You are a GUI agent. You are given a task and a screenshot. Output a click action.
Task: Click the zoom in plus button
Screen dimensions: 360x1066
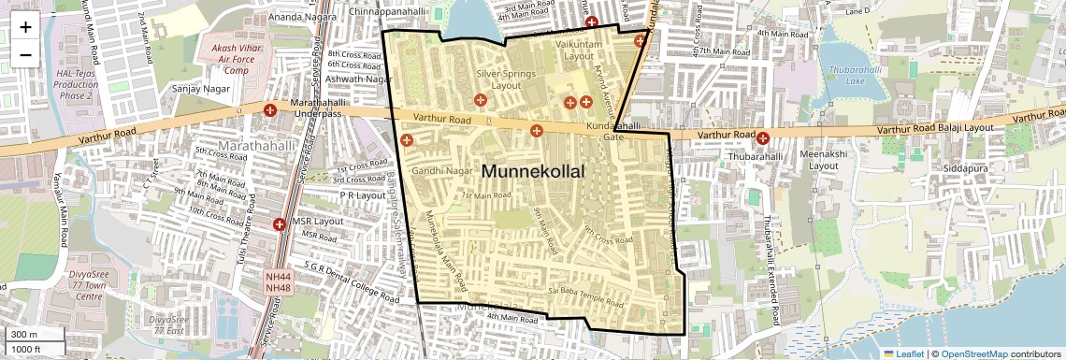coord(25,26)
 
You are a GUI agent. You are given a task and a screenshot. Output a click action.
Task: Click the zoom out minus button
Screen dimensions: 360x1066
coord(25,54)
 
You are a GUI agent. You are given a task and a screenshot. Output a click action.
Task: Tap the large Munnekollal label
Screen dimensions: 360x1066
coord(532,172)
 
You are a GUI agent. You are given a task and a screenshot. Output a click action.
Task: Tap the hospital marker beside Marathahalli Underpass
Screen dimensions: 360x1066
coord(271,110)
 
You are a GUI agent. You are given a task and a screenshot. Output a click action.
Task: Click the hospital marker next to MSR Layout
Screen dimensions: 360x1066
coord(279,224)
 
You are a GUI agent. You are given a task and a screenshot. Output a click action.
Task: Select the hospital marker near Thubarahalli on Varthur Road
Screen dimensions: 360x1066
coord(764,138)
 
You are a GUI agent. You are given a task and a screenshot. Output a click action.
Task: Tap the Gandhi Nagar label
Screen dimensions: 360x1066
coord(439,171)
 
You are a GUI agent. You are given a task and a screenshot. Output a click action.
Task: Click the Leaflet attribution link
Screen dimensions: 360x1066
coord(905,354)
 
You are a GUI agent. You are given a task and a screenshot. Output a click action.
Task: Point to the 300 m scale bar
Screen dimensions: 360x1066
coord(34,335)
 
